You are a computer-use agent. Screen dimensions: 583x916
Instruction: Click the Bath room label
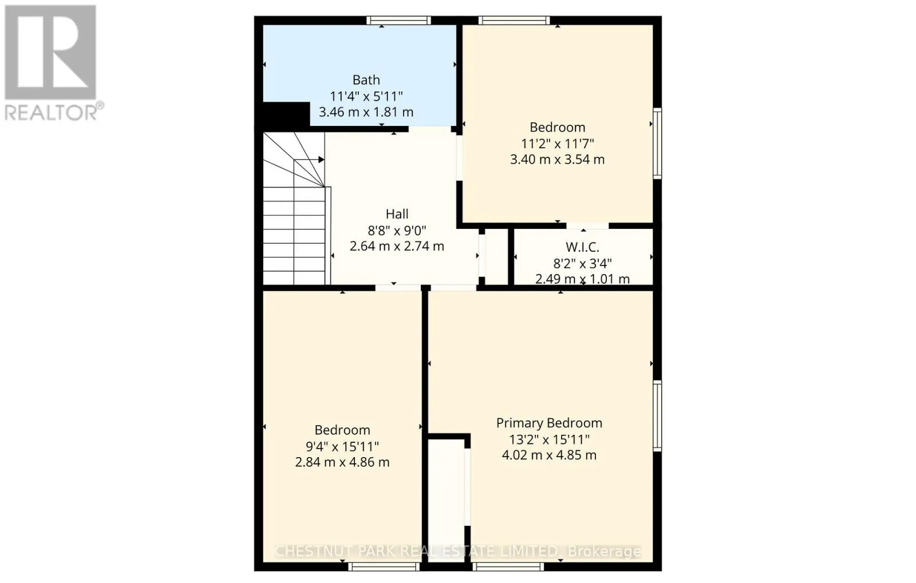(366, 80)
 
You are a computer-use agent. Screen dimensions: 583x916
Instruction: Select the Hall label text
(397, 214)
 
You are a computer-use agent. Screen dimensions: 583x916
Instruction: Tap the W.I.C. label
(582, 248)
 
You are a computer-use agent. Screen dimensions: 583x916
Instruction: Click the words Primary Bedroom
(549, 423)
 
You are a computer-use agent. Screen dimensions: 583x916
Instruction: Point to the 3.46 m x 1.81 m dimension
(366, 112)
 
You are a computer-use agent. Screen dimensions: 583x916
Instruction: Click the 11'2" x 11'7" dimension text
(557, 144)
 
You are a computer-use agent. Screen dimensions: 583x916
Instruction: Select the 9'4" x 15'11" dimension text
(342, 446)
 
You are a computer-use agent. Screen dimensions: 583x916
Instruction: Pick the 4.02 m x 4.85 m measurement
(549, 455)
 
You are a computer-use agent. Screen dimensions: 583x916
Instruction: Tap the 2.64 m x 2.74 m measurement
(397, 246)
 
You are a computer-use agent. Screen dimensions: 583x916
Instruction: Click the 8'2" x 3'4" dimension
(582, 264)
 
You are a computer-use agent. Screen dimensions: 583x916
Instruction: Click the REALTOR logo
(52, 62)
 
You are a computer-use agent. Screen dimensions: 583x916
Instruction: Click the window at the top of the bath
(398, 21)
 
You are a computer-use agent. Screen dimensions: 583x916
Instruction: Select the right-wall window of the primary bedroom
(658, 415)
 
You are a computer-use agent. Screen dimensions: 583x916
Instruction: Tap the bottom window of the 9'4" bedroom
(384, 566)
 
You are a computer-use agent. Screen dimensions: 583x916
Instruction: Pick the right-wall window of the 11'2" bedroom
(658, 142)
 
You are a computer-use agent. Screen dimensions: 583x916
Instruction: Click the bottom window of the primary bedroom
(507, 566)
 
